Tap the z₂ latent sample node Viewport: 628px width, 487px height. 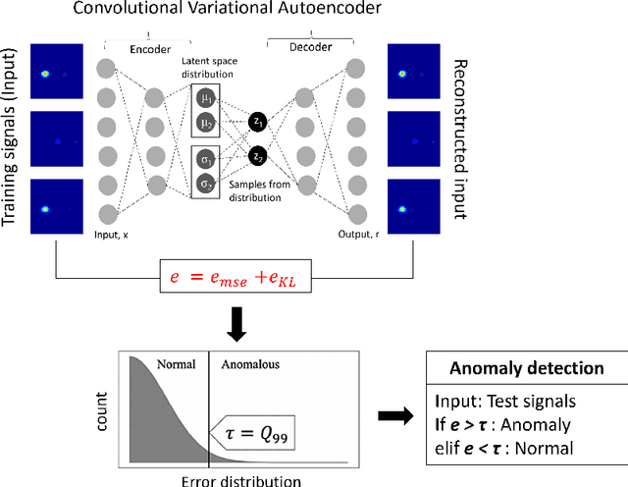click(258, 156)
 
